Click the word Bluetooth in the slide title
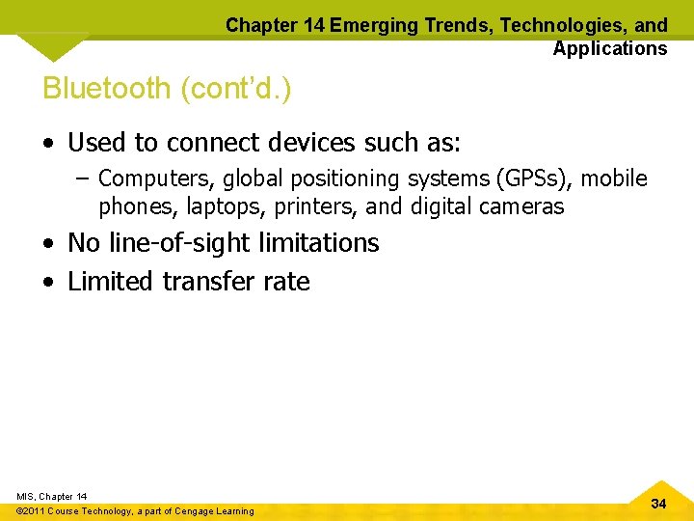point(106,89)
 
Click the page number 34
point(658,504)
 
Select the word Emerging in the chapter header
point(370,26)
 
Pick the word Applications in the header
point(609,48)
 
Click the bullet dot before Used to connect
point(49,145)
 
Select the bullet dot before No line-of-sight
point(49,244)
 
